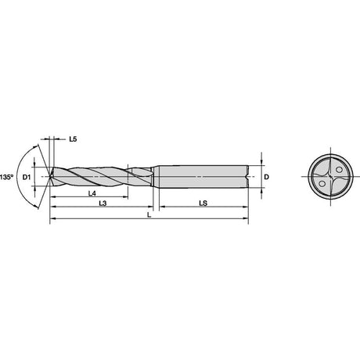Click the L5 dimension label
tap(73, 139)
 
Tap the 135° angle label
tap(6, 177)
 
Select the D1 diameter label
tap(27, 178)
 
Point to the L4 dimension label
tap(92, 193)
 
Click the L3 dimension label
tap(103, 203)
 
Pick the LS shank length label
tap(203, 203)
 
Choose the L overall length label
tap(149, 214)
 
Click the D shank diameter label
tap(266, 177)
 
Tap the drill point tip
tap(49, 177)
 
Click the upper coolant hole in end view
tap(339, 170)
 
